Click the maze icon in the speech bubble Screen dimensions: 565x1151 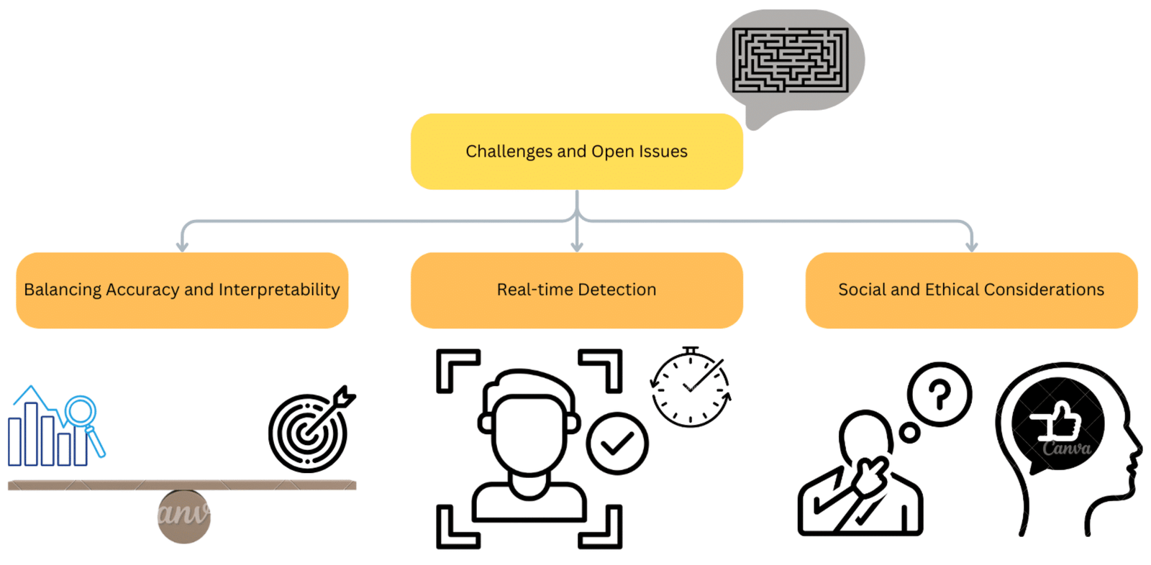[x=790, y=60]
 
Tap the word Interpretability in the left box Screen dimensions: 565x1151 [x=279, y=290]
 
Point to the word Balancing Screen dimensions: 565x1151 [x=63, y=290]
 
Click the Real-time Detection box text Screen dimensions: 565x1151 [x=576, y=290]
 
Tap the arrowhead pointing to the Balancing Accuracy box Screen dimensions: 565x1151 [x=183, y=247]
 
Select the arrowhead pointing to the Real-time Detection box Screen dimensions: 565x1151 [x=576, y=247]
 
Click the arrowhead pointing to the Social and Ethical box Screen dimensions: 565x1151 [x=971, y=247]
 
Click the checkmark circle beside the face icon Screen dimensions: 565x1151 [x=617, y=444]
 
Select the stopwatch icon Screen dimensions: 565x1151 [x=691, y=387]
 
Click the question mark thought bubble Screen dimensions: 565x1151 [x=940, y=394]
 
